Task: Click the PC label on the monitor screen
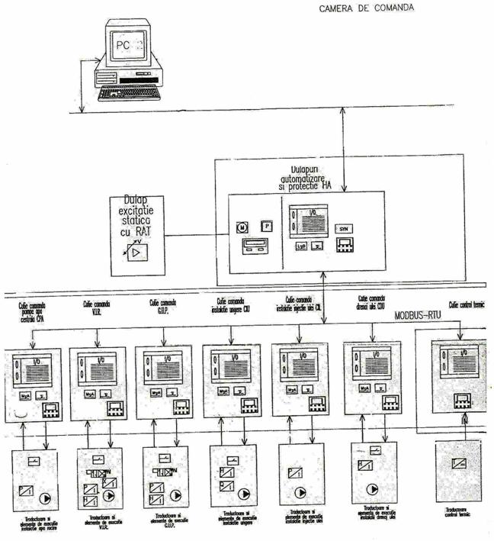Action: coord(122,46)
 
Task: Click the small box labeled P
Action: coord(266,226)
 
